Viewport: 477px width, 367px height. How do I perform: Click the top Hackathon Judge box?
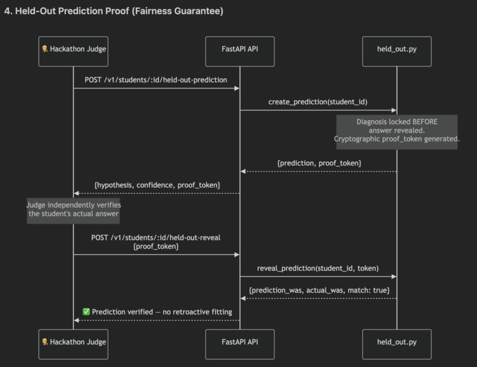pyautogui.click(x=73, y=51)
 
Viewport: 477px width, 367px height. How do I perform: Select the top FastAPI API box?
pyautogui.click(x=240, y=51)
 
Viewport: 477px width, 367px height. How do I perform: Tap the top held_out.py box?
pyautogui.click(x=397, y=51)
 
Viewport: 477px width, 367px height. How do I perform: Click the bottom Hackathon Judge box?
pyautogui.click(x=73, y=344)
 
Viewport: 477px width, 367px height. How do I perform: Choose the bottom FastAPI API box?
pyautogui.click(x=240, y=344)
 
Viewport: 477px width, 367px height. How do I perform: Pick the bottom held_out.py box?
pyautogui.click(x=397, y=344)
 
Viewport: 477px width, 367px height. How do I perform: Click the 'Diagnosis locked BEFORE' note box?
pyautogui.click(x=397, y=132)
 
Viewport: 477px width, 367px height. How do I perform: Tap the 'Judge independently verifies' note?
pyautogui.click(x=73, y=211)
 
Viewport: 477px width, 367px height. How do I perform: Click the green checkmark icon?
pyautogui.click(x=87, y=312)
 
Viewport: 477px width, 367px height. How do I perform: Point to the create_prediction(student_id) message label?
pyautogui.click(x=318, y=102)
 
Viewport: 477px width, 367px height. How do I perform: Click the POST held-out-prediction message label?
pyautogui.click(x=156, y=80)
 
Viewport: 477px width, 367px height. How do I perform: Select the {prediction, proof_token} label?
pyautogui.click(x=319, y=163)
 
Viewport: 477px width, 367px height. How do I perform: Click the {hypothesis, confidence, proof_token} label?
pyautogui.click(x=157, y=185)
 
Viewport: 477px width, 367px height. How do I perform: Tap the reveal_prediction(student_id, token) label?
pyautogui.click(x=318, y=268)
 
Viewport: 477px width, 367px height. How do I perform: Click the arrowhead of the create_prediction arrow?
pyautogui.click(x=394, y=110)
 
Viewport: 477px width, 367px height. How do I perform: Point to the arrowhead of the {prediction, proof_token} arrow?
pyautogui.click(x=243, y=172)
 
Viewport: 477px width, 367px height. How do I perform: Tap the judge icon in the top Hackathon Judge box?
pyautogui.click(x=45, y=49)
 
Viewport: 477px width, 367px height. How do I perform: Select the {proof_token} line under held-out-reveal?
pyautogui.click(x=156, y=247)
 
